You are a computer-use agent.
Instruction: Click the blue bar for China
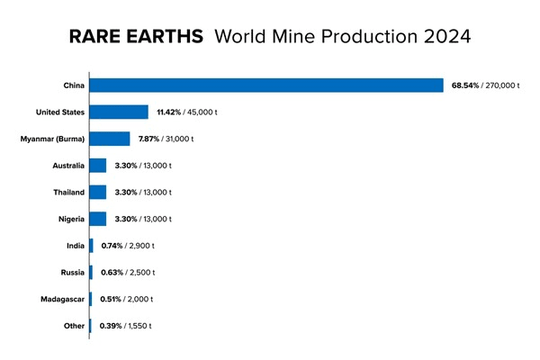coord(267,85)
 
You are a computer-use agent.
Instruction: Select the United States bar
coord(120,112)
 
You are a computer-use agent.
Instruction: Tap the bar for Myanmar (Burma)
coord(111,139)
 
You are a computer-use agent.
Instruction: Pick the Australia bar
coord(98,166)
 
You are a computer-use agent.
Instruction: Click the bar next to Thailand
coord(98,192)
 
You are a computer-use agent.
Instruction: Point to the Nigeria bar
coord(98,219)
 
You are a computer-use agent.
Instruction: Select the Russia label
coord(72,272)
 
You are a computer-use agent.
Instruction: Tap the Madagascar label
coord(63,299)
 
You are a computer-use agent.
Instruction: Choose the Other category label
coord(73,325)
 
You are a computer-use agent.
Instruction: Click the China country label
coord(74,85)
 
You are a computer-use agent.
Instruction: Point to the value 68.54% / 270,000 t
coord(487,85)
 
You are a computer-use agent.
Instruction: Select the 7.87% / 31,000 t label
coord(166,139)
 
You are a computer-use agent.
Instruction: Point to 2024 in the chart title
coord(442,40)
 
